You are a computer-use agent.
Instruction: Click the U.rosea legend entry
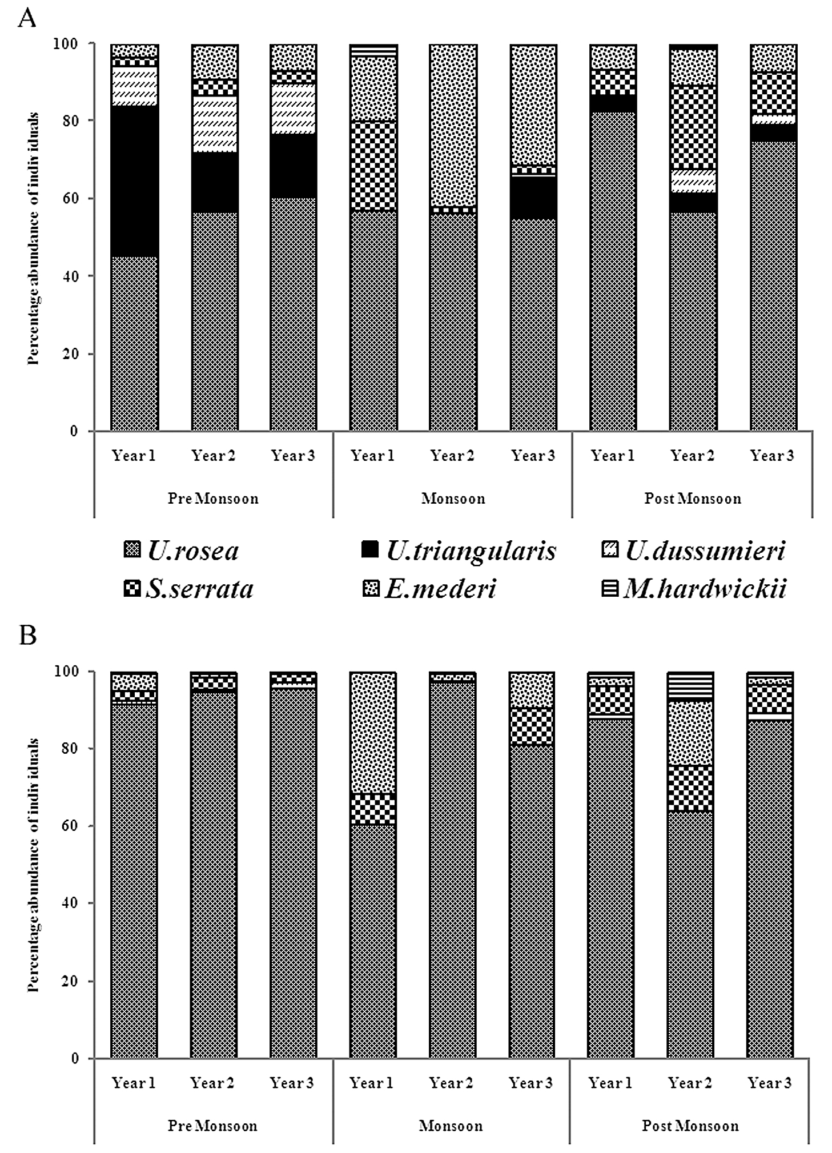click(x=182, y=551)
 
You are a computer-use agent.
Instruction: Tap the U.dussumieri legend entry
click(x=694, y=551)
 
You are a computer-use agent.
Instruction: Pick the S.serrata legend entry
click(x=188, y=589)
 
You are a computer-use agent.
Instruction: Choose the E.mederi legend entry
click(x=429, y=589)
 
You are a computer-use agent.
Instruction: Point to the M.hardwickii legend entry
click(x=694, y=589)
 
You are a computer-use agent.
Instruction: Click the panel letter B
click(x=27, y=636)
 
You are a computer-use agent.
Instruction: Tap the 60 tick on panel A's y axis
click(x=70, y=198)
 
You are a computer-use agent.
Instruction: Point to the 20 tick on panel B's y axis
click(x=70, y=981)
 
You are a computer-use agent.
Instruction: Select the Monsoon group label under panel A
click(x=453, y=499)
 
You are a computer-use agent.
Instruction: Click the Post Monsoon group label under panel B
click(x=690, y=1126)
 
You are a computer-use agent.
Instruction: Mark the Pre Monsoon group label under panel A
click(x=213, y=499)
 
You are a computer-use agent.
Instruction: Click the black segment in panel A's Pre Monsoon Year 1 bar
click(x=134, y=181)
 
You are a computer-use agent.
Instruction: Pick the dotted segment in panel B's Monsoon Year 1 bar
click(x=373, y=733)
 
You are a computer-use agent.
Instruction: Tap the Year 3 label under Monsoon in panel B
click(x=531, y=1083)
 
